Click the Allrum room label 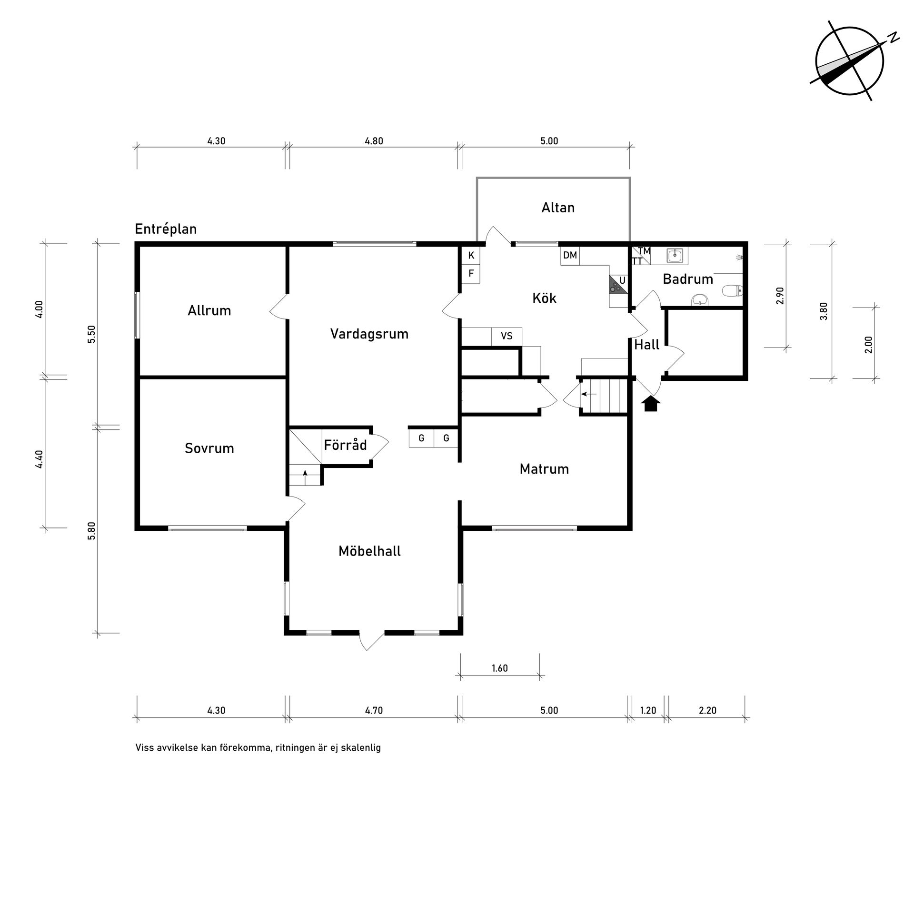(209, 311)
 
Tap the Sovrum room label (209, 448)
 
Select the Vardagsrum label (369, 334)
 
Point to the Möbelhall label (369, 551)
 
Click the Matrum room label (544, 469)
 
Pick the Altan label (558, 208)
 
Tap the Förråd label (345, 445)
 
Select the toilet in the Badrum (732, 290)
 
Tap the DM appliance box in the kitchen (570, 256)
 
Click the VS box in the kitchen (507, 337)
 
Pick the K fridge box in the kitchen (471, 256)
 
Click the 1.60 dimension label (500, 668)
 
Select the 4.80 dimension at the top (374, 141)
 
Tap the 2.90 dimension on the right (780, 296)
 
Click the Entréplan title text (166, 229)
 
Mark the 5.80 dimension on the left (92, 530)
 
